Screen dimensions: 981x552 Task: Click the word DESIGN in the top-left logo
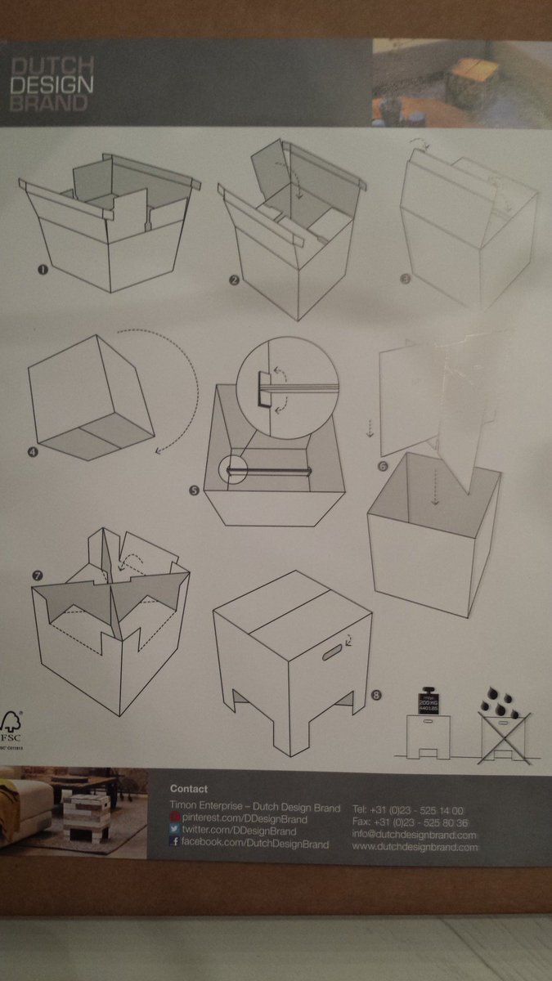(x=52, y=83)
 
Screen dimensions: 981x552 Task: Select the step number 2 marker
(x=234, y=280)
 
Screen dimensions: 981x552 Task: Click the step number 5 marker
(x=194, y=490)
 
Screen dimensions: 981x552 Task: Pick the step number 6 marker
(x=383, y=465)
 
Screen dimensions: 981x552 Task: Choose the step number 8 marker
(x=375, y=695)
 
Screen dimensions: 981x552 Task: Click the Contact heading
(x=189, y=789)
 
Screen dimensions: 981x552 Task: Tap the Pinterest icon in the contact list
(x=174, y=818)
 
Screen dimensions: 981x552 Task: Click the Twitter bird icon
(x=174, y=831)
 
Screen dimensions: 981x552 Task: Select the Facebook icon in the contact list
(x=174, y=843)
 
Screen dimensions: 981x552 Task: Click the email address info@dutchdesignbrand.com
(x=414, y=835)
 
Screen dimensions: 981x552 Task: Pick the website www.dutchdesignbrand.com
(x=415, y=848)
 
